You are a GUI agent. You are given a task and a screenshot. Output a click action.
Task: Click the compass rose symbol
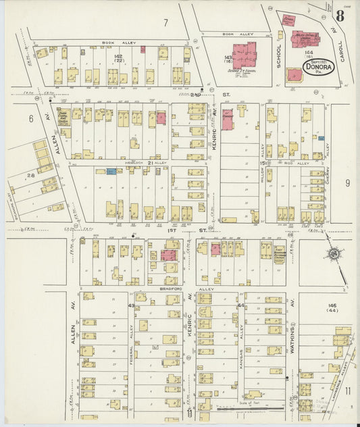point(332,255)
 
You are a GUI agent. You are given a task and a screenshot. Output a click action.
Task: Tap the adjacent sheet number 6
point(30,118)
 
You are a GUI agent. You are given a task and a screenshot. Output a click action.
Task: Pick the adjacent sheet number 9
point(347,182)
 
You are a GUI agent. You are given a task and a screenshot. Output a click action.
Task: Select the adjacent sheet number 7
point(165,22)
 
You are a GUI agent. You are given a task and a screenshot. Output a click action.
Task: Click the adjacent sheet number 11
point(347,391)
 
